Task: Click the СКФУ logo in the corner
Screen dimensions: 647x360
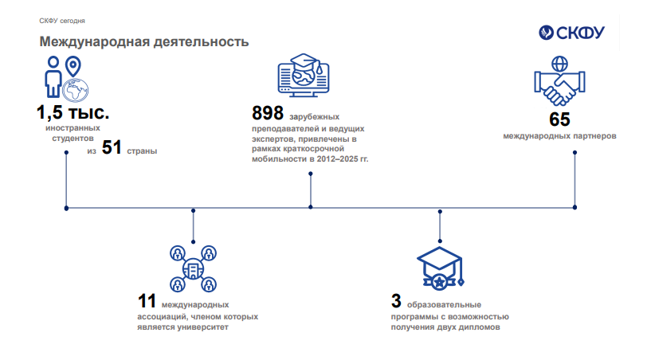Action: click(x=571, y=33)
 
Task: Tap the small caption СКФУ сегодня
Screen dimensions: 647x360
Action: click(x=62, y=21)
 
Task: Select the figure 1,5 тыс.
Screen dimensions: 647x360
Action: click(x=73, y=112)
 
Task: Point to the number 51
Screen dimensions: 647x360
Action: click(x=112, y=147)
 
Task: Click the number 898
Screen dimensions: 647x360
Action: click(x=268, y=113)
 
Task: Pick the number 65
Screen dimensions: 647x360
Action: click(x=559, y=119)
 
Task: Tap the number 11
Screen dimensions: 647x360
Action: click(x=147, y=301)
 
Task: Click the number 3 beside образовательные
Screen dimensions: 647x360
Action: click(x=396, y=301)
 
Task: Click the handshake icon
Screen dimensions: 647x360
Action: click(x=559, y=88)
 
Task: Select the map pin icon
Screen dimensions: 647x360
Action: click(x=73, y=66)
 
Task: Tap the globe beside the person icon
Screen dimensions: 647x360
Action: click(x=76, y=90)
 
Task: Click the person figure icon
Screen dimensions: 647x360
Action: click(x=53, y=76)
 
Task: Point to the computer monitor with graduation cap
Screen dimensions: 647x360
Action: click(x=304, y=75)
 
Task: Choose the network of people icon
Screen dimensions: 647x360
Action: click(x=193, y=269)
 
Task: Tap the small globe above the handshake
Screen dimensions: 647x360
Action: click(x=560, y=64)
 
